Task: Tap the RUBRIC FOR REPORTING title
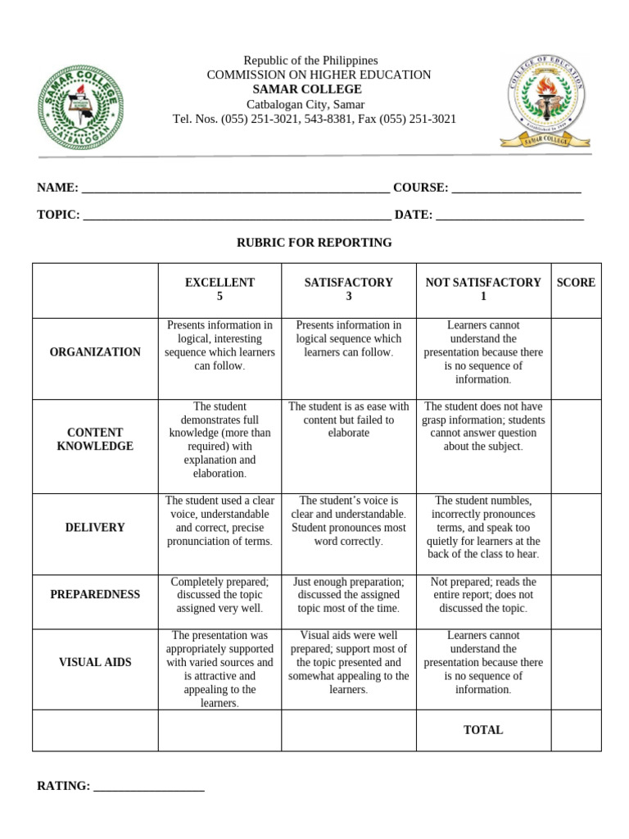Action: [x=314, y=243]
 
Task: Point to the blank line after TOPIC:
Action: [x=237, y=215]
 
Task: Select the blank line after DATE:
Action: [x=509, y=215]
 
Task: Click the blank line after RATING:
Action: [x=149, y=787]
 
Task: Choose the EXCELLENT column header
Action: [x=219, y=289]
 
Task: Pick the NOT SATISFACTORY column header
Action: [x=483, y=289]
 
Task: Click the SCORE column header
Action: [x=576, y=283]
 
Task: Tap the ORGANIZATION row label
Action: [x=95, y=352]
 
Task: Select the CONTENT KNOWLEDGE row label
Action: [x=95, y=439]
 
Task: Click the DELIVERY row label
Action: [x=95, y=528]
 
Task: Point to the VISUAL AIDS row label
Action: [x=95, y=662]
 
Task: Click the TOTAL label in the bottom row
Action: [x=483, y=730]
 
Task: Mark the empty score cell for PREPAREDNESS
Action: [x=576, y=595]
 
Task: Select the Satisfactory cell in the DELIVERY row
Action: [x=349, y=521]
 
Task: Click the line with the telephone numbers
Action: [x=314, y=120]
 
